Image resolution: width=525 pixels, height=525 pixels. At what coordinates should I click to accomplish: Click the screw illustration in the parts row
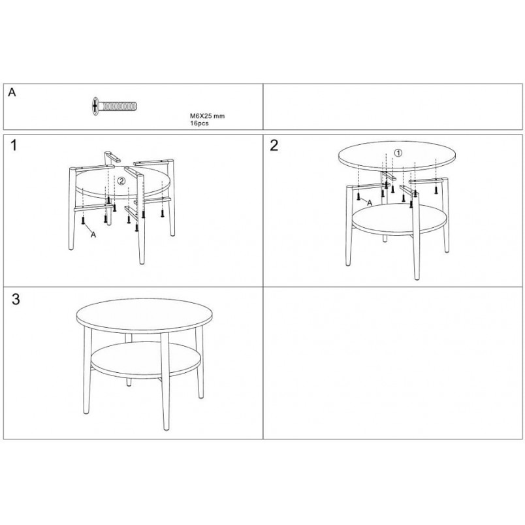[114, 106]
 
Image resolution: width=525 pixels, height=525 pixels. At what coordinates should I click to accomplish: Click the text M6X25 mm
[207, 116]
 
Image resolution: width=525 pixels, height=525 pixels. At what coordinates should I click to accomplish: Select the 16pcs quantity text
[199, 123]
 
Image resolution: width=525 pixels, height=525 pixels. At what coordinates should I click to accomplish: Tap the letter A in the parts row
[12, 92]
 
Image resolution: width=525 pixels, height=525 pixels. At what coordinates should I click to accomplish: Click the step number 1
[14, 146]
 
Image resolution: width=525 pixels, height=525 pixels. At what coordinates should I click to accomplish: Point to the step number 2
[274, 146]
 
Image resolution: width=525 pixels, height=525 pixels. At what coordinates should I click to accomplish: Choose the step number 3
[16, 299]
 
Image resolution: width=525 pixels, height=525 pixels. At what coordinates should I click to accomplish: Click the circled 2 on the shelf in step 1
[121, 181]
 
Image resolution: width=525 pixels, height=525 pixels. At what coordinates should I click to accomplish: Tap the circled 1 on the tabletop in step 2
[398, 153]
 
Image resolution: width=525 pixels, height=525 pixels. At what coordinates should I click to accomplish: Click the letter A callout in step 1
[93, 234]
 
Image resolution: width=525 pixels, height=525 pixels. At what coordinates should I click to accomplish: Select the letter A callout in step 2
[370, 202]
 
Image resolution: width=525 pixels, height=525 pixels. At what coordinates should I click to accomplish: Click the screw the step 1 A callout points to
[83, 220]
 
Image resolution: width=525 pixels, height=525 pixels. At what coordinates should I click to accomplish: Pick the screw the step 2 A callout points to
[358, 197]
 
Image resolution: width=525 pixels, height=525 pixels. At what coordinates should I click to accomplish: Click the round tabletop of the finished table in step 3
[145, 316]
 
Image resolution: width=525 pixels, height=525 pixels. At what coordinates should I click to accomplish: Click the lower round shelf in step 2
[400, 220]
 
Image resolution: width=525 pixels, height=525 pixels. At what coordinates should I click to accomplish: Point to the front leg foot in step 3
[166, 427]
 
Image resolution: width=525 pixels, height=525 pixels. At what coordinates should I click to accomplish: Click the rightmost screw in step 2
[436, 190]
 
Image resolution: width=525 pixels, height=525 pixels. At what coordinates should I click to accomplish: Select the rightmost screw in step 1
[163, 213]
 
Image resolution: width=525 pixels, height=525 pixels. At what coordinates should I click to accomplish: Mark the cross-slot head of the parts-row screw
[96, 106]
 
